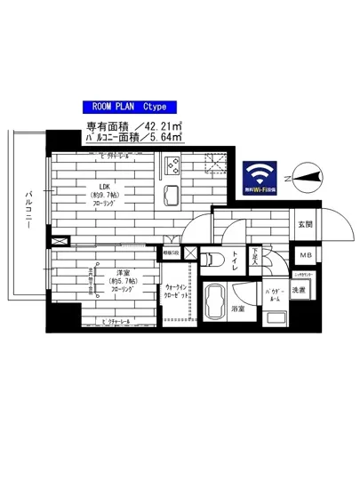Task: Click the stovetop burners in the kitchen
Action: tap(172, 167)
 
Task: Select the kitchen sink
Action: tap(172, 196)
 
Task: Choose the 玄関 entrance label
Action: tap(305, 223)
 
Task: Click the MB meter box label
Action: tap(305, 257)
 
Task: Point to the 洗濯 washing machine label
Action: tap(302, 290)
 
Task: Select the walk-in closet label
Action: tap(175, 293)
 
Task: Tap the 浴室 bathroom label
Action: tap(237, 309)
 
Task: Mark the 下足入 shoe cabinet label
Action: tap(254, 257)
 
